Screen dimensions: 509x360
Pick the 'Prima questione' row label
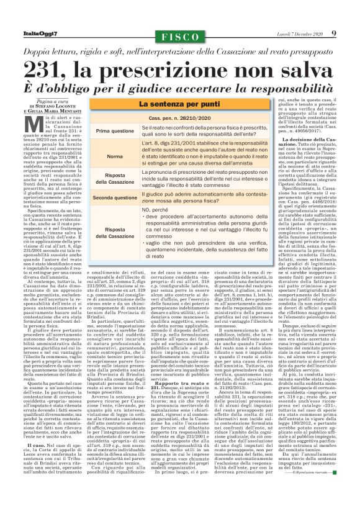tap(115, 132)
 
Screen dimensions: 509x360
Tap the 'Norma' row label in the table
tap(115, 157)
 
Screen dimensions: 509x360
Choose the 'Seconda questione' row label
tap(115, 197)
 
